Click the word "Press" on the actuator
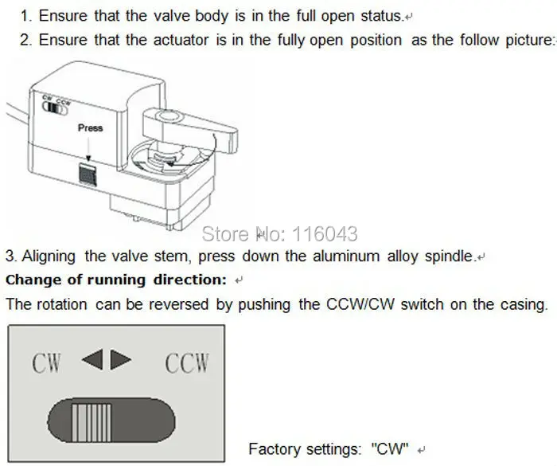click(90, 127)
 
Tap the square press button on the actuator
click(88, 174)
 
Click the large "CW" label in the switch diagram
click(47, 363)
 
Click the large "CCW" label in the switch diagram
click(187, 363)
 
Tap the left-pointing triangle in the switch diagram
click(93, 361)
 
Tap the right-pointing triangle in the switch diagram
click(121, 361)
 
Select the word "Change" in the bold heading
click(31, 280)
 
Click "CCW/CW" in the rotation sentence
click(361, 303)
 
